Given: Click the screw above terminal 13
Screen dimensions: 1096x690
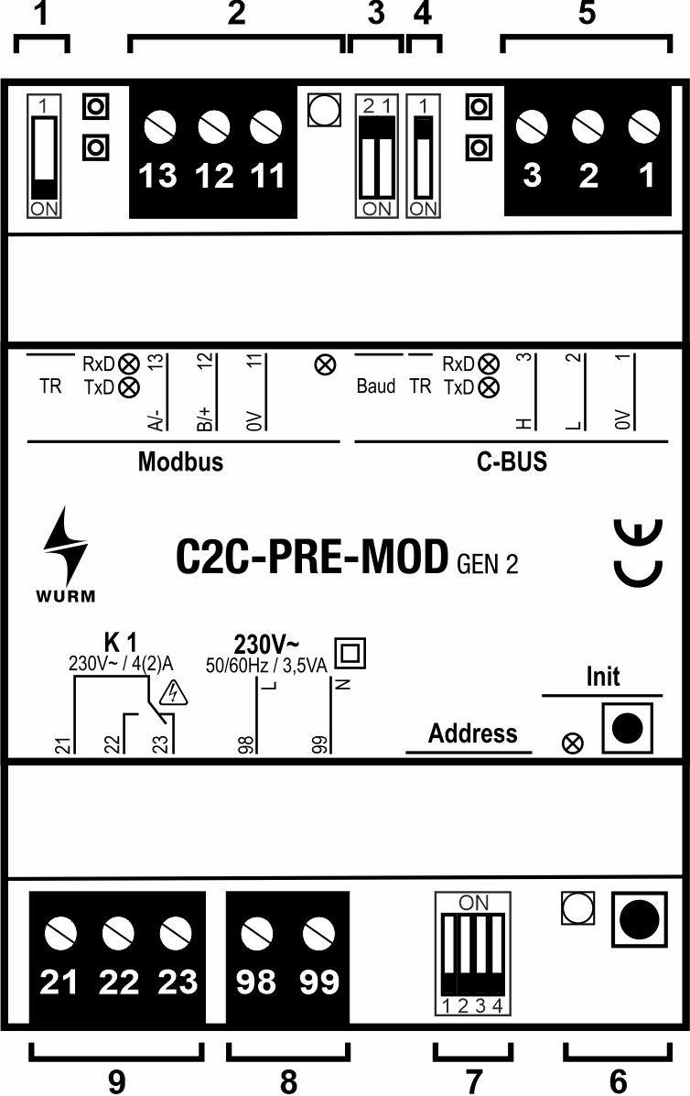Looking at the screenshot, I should point(161,125).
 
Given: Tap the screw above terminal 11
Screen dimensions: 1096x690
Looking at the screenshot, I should point(265,125).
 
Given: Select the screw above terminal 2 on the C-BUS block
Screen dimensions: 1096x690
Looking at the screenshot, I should point(588,125).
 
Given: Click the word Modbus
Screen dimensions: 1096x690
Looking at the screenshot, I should point(180,461).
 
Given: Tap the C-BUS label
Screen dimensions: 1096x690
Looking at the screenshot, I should point(512,461).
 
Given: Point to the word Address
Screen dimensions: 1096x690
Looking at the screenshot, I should point(472,732).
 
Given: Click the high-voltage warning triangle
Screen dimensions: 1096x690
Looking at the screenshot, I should point(174,695).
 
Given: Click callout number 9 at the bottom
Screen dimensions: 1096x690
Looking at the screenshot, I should point(116,1080).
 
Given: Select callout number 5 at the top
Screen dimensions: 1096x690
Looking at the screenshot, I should point(587,14).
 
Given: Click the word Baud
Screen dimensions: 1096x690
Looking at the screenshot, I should point(376,386).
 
